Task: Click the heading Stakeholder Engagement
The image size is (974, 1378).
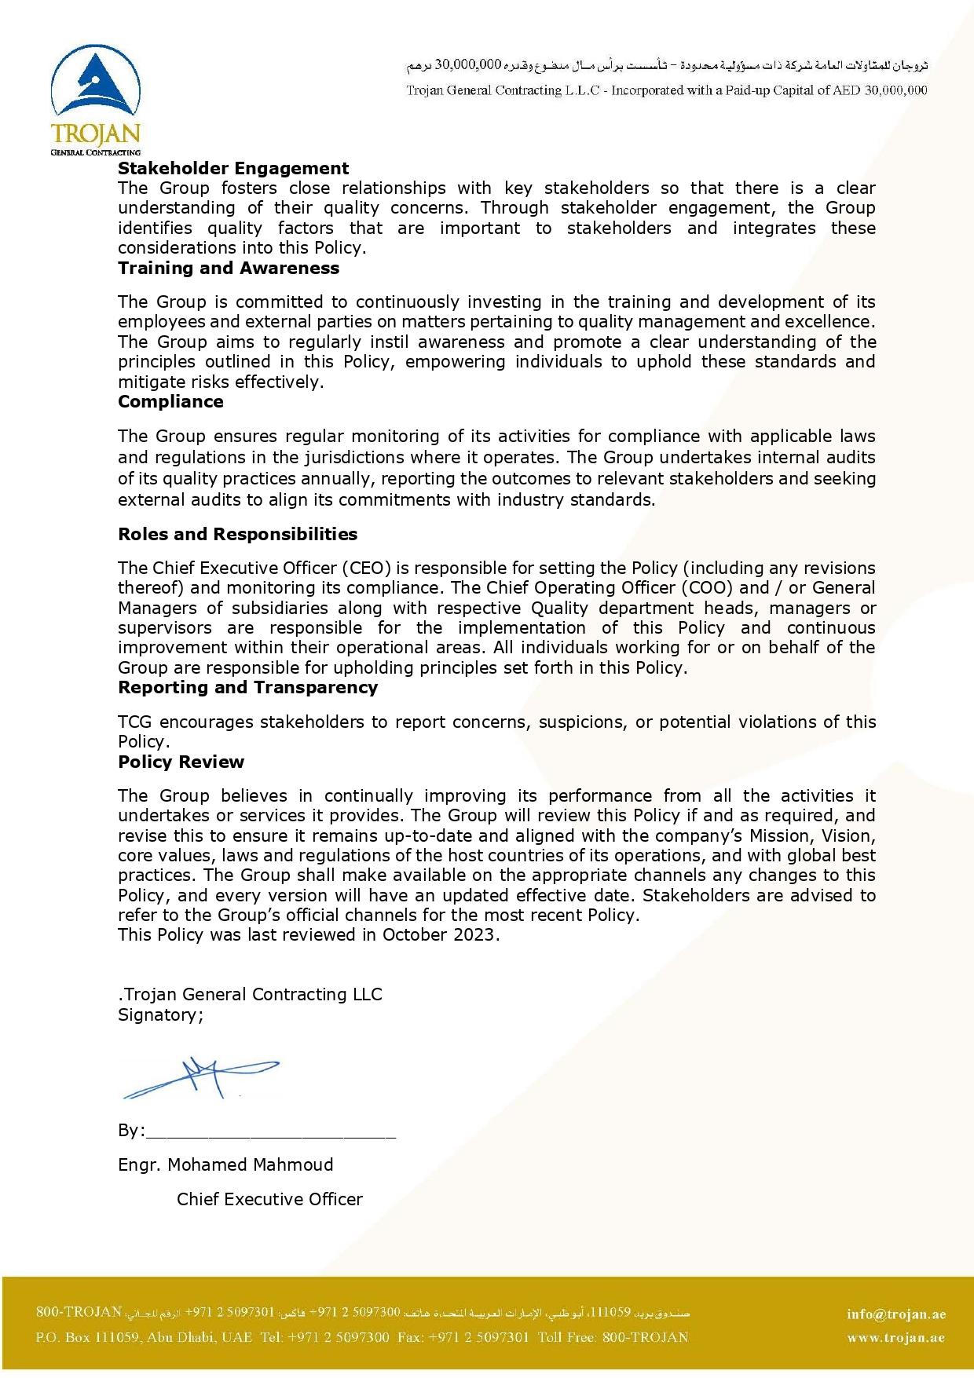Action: (x=233, y=168)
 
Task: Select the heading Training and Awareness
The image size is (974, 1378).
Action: (x=229, y=268)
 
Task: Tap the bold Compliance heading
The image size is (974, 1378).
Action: (x=170, y=401)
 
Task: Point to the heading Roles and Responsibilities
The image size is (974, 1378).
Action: (x=237, y=534)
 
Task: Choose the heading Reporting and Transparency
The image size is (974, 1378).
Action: (x=247, y=687)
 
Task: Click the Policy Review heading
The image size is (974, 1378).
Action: (x=181, y=762)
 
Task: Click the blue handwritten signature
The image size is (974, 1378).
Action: (x=200, y=1076)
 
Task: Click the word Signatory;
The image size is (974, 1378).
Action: (x=160, y=1014)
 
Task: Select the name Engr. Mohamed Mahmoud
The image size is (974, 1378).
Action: (x=225, y=1164)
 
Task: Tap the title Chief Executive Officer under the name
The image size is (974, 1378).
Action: (x=269, y=1199)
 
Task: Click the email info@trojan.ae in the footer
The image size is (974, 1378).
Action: (x=896, y=1314)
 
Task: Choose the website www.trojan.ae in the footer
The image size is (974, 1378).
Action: (x=895, y=1338)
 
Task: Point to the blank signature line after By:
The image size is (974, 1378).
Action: (x=271, y=1131)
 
